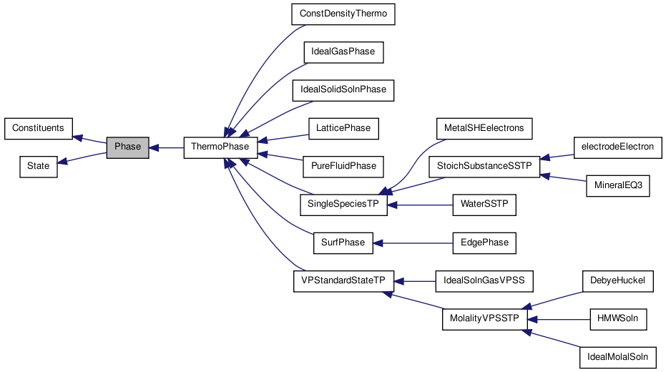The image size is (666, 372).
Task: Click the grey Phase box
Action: click(x=128, y=147)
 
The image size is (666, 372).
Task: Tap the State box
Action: click(x=38, y=166)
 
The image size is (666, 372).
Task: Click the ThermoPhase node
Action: click(x=220, y=147)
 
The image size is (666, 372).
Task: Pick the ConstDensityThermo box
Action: click(x=343, y=14)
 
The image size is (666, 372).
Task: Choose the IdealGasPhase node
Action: click(x=343, y=52)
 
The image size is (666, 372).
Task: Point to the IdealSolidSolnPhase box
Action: click(x=343, y=90)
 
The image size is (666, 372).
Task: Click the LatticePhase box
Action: click(x=343, y=128)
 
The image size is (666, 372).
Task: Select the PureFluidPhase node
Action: click(x=343, y=166)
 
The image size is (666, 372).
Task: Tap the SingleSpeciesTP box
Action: click(x=343, y=205)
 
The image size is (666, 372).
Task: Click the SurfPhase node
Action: click(x=343, y=243)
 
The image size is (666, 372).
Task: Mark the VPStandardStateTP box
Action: click(x=343, y=280)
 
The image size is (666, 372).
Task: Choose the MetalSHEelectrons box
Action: click(x=484, y=128)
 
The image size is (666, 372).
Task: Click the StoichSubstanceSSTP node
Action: click(x=484, y=166)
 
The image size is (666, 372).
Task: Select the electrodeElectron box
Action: click(x=617, y=147)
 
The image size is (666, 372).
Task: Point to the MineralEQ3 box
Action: click(x=617, y=185)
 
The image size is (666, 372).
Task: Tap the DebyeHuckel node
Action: click(x=617, y=280)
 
